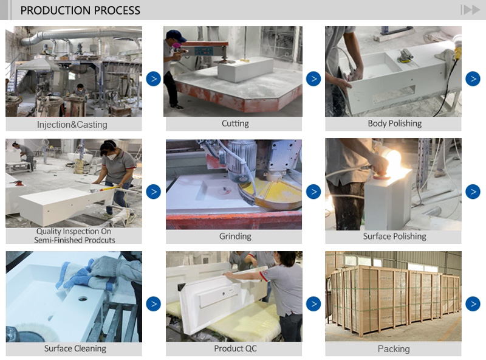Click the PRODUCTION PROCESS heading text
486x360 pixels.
tap(80, 10)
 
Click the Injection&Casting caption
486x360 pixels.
tap(72, 125)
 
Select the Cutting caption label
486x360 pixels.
tap(234, 123)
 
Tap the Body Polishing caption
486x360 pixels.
tap(394, 123)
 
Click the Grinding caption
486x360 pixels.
tap(234, 236)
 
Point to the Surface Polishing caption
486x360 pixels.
tap(394, 236)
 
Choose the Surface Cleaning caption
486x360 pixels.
tap(75, 348)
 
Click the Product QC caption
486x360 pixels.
tap(234, 348)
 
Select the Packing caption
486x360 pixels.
tap(393, 348)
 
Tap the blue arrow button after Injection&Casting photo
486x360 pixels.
tap(153, 78)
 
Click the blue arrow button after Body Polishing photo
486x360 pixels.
tap(473, 78)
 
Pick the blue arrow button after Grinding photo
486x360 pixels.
tap(313, 192)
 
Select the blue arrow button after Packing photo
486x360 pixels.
tap(473, 303)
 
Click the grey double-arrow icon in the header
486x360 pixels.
tap(470, 10)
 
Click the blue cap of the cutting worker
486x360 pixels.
tap(176, 36)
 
